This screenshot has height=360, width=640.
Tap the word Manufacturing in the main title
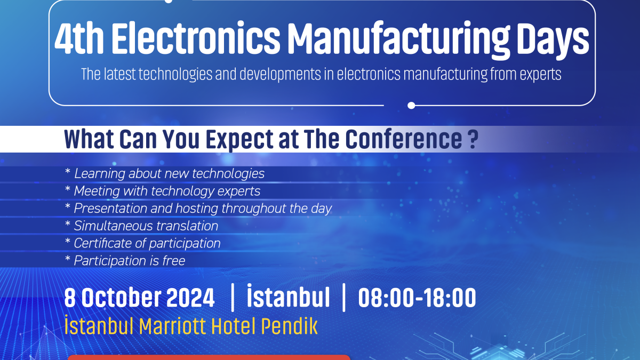[x=398, y=40]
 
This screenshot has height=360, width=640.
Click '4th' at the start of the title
[x=79, y=38]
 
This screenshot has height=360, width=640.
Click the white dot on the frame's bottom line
[x=411, y=106]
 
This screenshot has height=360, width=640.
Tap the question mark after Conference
[x=474, y=139]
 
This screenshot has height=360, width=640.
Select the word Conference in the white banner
[x=403, y=139]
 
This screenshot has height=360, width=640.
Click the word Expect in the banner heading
[x=240, y=140]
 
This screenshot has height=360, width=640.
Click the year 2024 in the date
[x=190, y=298]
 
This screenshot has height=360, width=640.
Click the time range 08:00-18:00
[x=417, y=298]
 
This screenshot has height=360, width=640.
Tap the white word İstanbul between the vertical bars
[x=289, y=296]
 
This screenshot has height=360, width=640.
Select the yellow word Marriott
[x=172, y=326]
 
